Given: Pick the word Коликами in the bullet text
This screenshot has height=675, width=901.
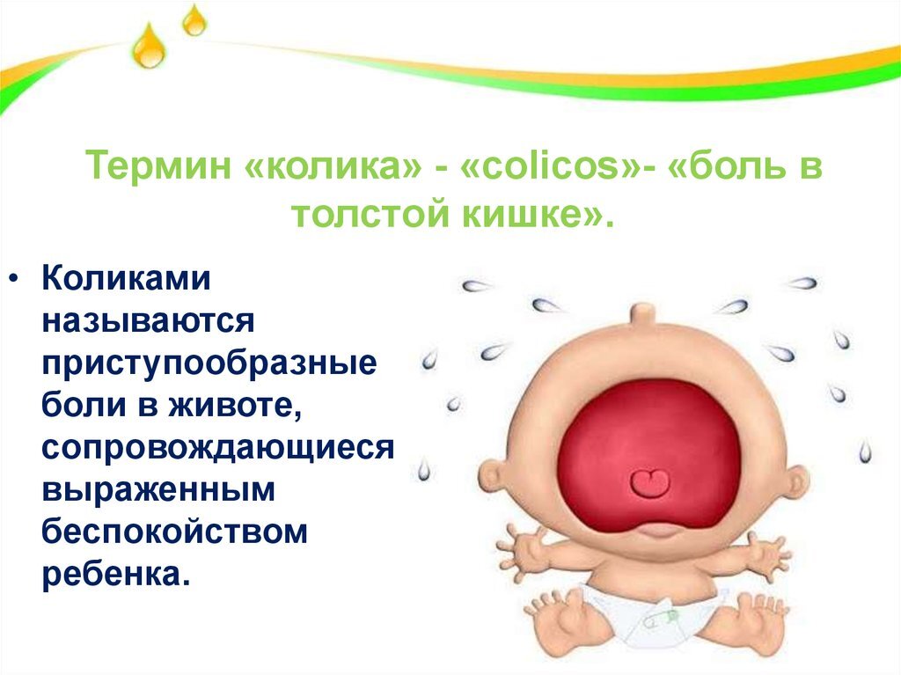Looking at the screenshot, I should pos(127,280).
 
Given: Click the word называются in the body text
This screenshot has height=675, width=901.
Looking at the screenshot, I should pos(149,321).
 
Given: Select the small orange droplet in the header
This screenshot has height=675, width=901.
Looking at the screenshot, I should pos(194,21).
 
